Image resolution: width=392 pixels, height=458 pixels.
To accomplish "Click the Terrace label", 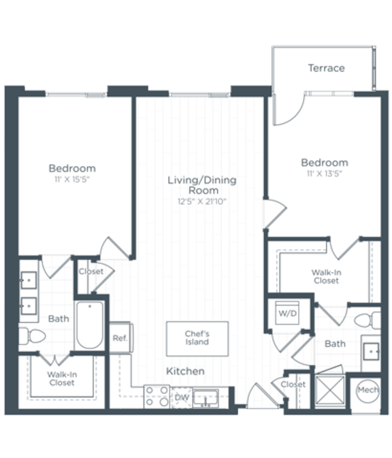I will (x=326, y=68).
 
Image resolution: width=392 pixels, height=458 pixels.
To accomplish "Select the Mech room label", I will (x=368, y=391).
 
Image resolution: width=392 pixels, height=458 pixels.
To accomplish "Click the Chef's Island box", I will (x=197, y=338).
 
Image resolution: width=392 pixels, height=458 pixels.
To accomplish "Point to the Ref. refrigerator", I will (x=120, y=338).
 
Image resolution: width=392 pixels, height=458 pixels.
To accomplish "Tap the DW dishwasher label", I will (x=180, y=397).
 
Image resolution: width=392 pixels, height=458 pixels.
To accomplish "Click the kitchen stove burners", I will (x=157, y=396).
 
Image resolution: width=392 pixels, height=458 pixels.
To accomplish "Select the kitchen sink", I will (x=205, y=397).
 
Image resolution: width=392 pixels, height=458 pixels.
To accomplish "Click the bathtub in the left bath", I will (x=89, y=325).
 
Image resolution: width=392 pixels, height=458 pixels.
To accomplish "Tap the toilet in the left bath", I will (x=31, y=335).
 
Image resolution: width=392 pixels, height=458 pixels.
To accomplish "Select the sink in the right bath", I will (x=371, y=350).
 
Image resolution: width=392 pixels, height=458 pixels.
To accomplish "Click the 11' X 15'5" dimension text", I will (x=71, y=179).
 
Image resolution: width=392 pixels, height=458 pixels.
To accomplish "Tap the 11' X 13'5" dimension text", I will (x=325, y=174).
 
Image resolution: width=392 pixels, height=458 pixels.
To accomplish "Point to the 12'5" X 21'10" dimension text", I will (x=202, y=201).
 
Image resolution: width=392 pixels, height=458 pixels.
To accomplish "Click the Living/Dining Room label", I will (x=202, y=185).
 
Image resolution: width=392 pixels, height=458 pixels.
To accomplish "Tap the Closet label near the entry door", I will (x=293, y=385).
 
